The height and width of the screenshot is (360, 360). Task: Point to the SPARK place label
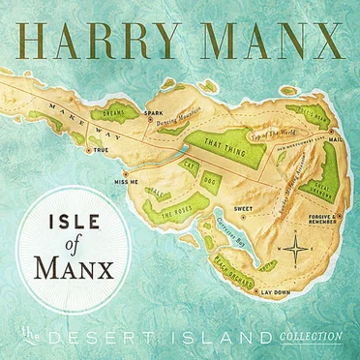click(152, 114)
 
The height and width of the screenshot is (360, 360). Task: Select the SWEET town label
click(244, 207)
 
